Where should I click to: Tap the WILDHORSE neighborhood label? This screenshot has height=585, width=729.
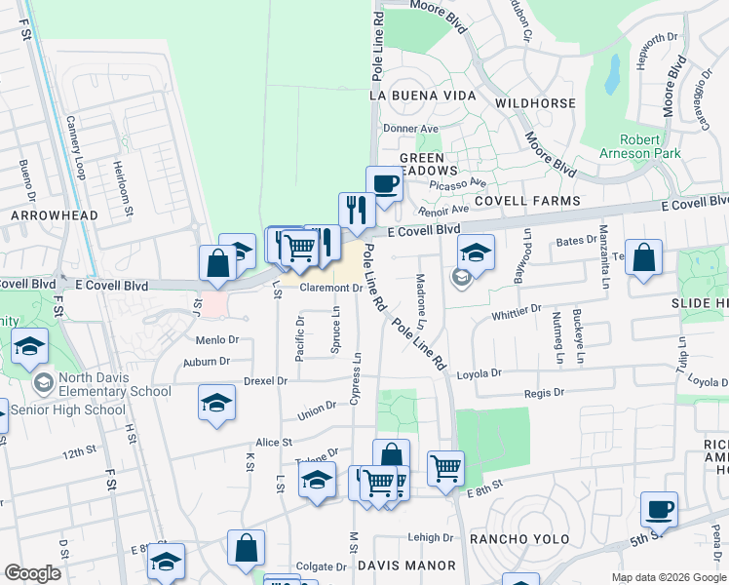[530, 101]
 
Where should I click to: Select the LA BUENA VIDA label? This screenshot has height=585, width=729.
[422, 96]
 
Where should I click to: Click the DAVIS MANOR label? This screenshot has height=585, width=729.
[406, 565]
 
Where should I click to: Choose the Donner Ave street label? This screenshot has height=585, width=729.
[410, 128]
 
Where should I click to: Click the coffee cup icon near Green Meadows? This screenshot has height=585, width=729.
[384, 183]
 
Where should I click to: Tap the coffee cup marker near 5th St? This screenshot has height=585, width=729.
[659, 509]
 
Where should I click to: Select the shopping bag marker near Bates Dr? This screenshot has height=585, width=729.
[643, 258]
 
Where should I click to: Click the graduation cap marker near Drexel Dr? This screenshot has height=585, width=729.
[216, 403]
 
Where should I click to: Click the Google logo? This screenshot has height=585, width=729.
[32, 573]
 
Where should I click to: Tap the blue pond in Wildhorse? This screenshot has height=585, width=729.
[612, 74]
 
